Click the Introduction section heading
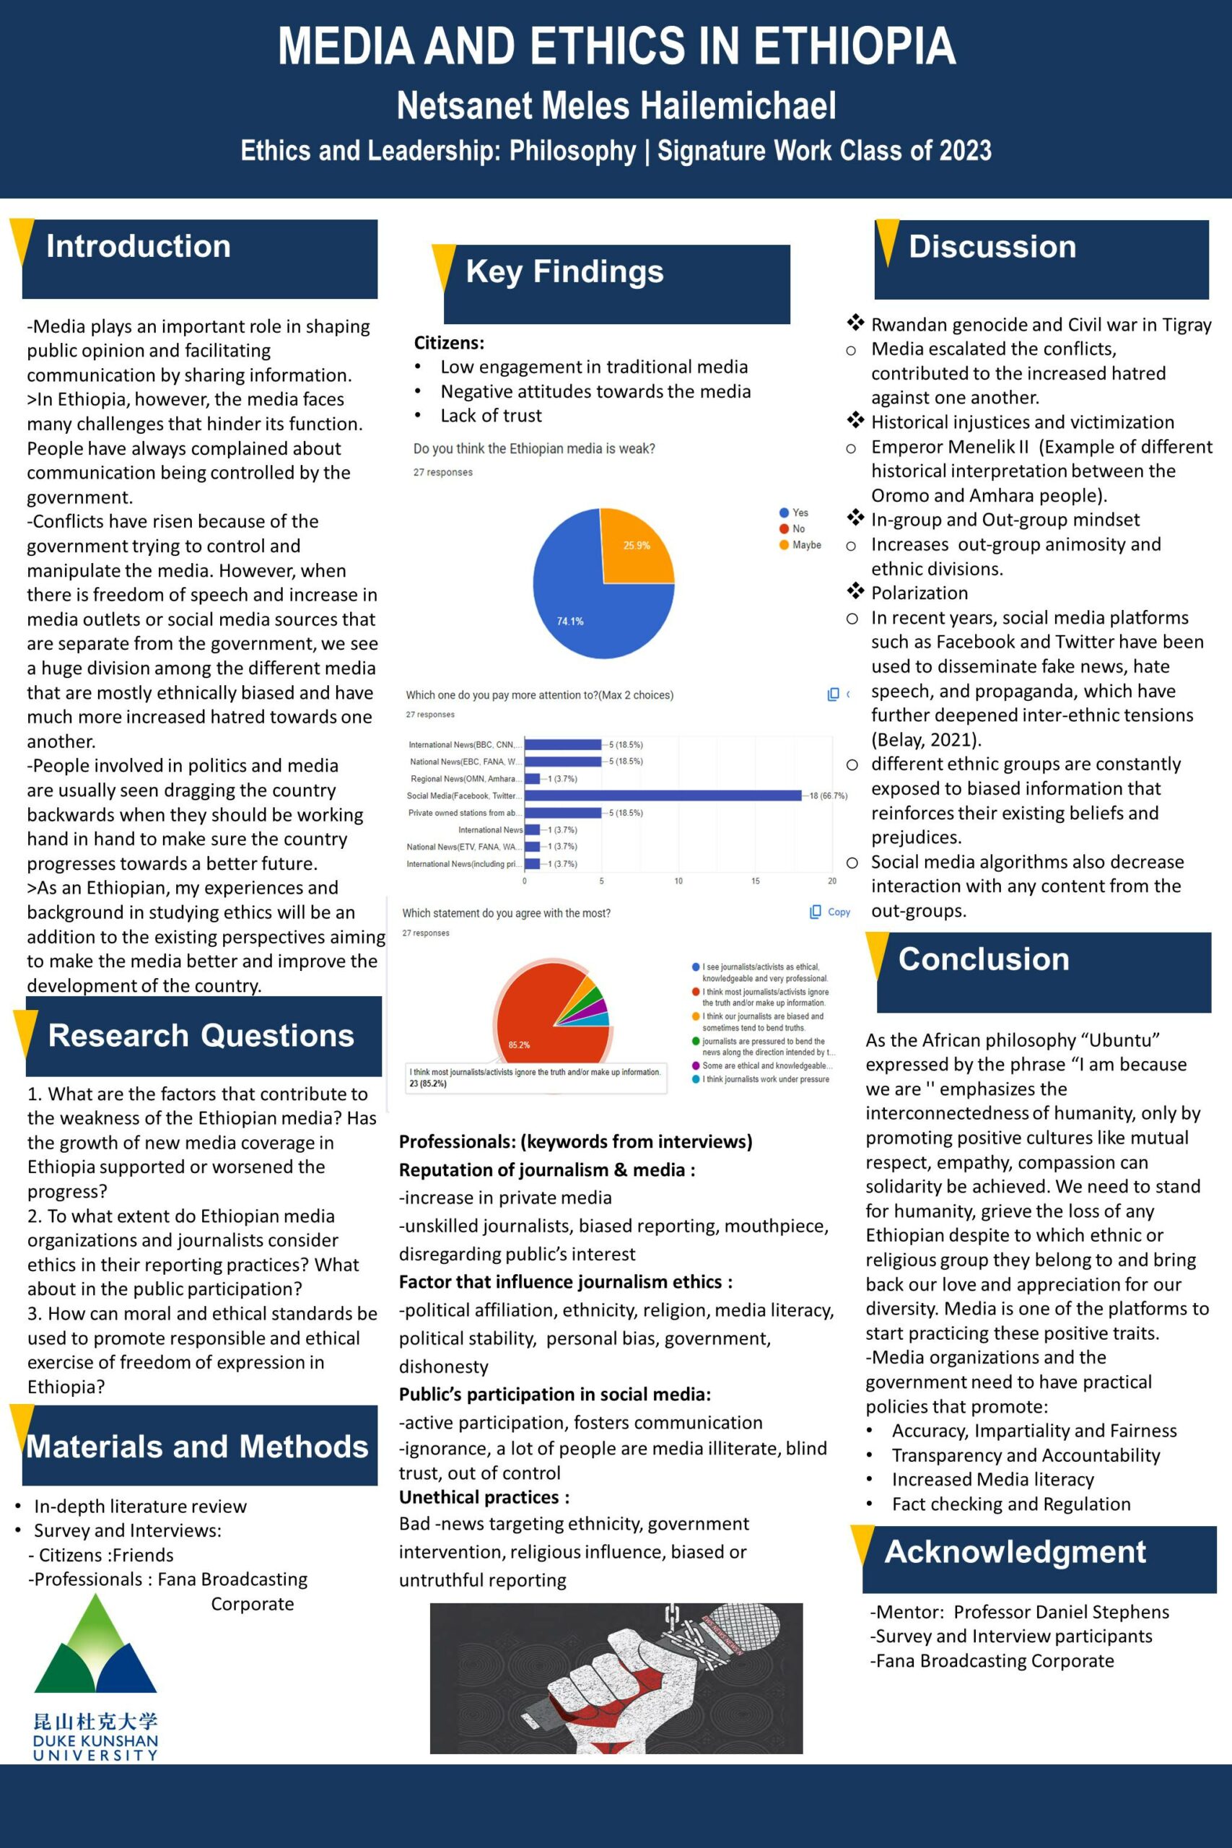click(139, 247)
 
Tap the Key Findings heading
click(564, 272)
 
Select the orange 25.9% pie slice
click(635, 546)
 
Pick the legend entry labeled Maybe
click(806, 545)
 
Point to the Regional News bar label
click(463, 779)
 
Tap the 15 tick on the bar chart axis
click(755, 881)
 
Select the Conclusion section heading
click(984, 959)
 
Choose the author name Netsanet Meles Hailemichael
click(616, 106)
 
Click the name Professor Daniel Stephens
click(1061, 1612)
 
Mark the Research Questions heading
click(201, 1036)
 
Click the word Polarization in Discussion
click(919, 593)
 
